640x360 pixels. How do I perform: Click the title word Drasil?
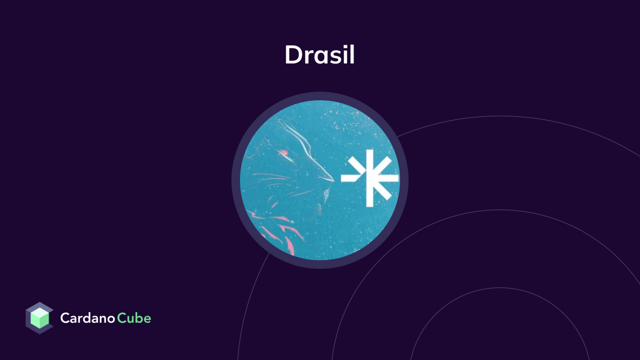pos(319,54)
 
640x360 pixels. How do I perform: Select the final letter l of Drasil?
pos(351,54)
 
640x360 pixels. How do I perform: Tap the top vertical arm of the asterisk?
pos(370,160)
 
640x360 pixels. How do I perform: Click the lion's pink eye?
pos(284,153)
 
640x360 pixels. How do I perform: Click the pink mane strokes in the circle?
pos(277,229)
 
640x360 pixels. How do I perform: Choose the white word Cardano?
pos(87,318)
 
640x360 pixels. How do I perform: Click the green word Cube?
pos(134,318)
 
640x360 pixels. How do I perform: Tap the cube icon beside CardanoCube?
pos(39,318)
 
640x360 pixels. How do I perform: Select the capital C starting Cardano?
pos(65,318)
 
